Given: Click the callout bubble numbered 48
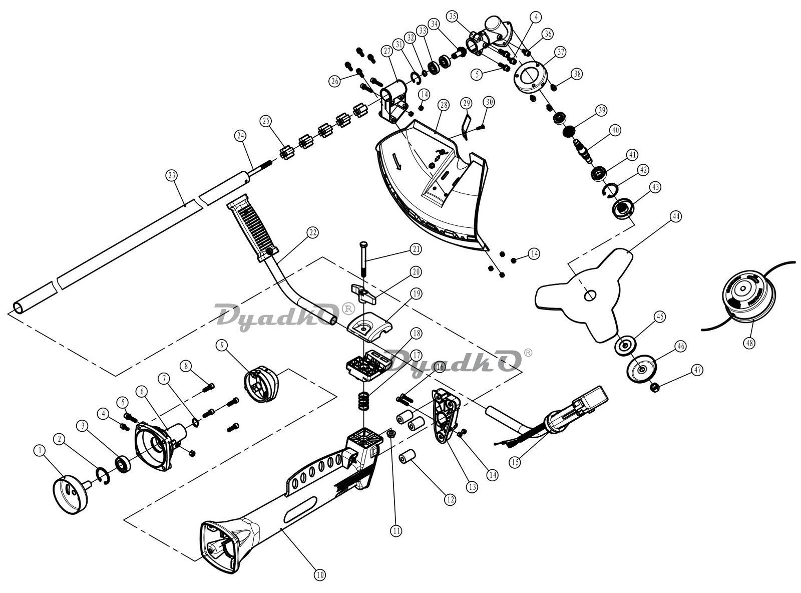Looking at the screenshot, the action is (x=749, y=342).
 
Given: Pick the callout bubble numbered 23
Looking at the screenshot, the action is (x=172, y=176).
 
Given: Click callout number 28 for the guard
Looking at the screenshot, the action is (x=443, y=105).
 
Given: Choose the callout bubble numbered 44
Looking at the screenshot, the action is (x=676, y=216).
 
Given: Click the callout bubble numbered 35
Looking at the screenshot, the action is (x=452, y=16).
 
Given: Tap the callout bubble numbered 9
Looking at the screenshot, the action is (x=222, y=345).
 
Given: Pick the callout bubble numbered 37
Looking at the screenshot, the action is (x=561, y=52).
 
